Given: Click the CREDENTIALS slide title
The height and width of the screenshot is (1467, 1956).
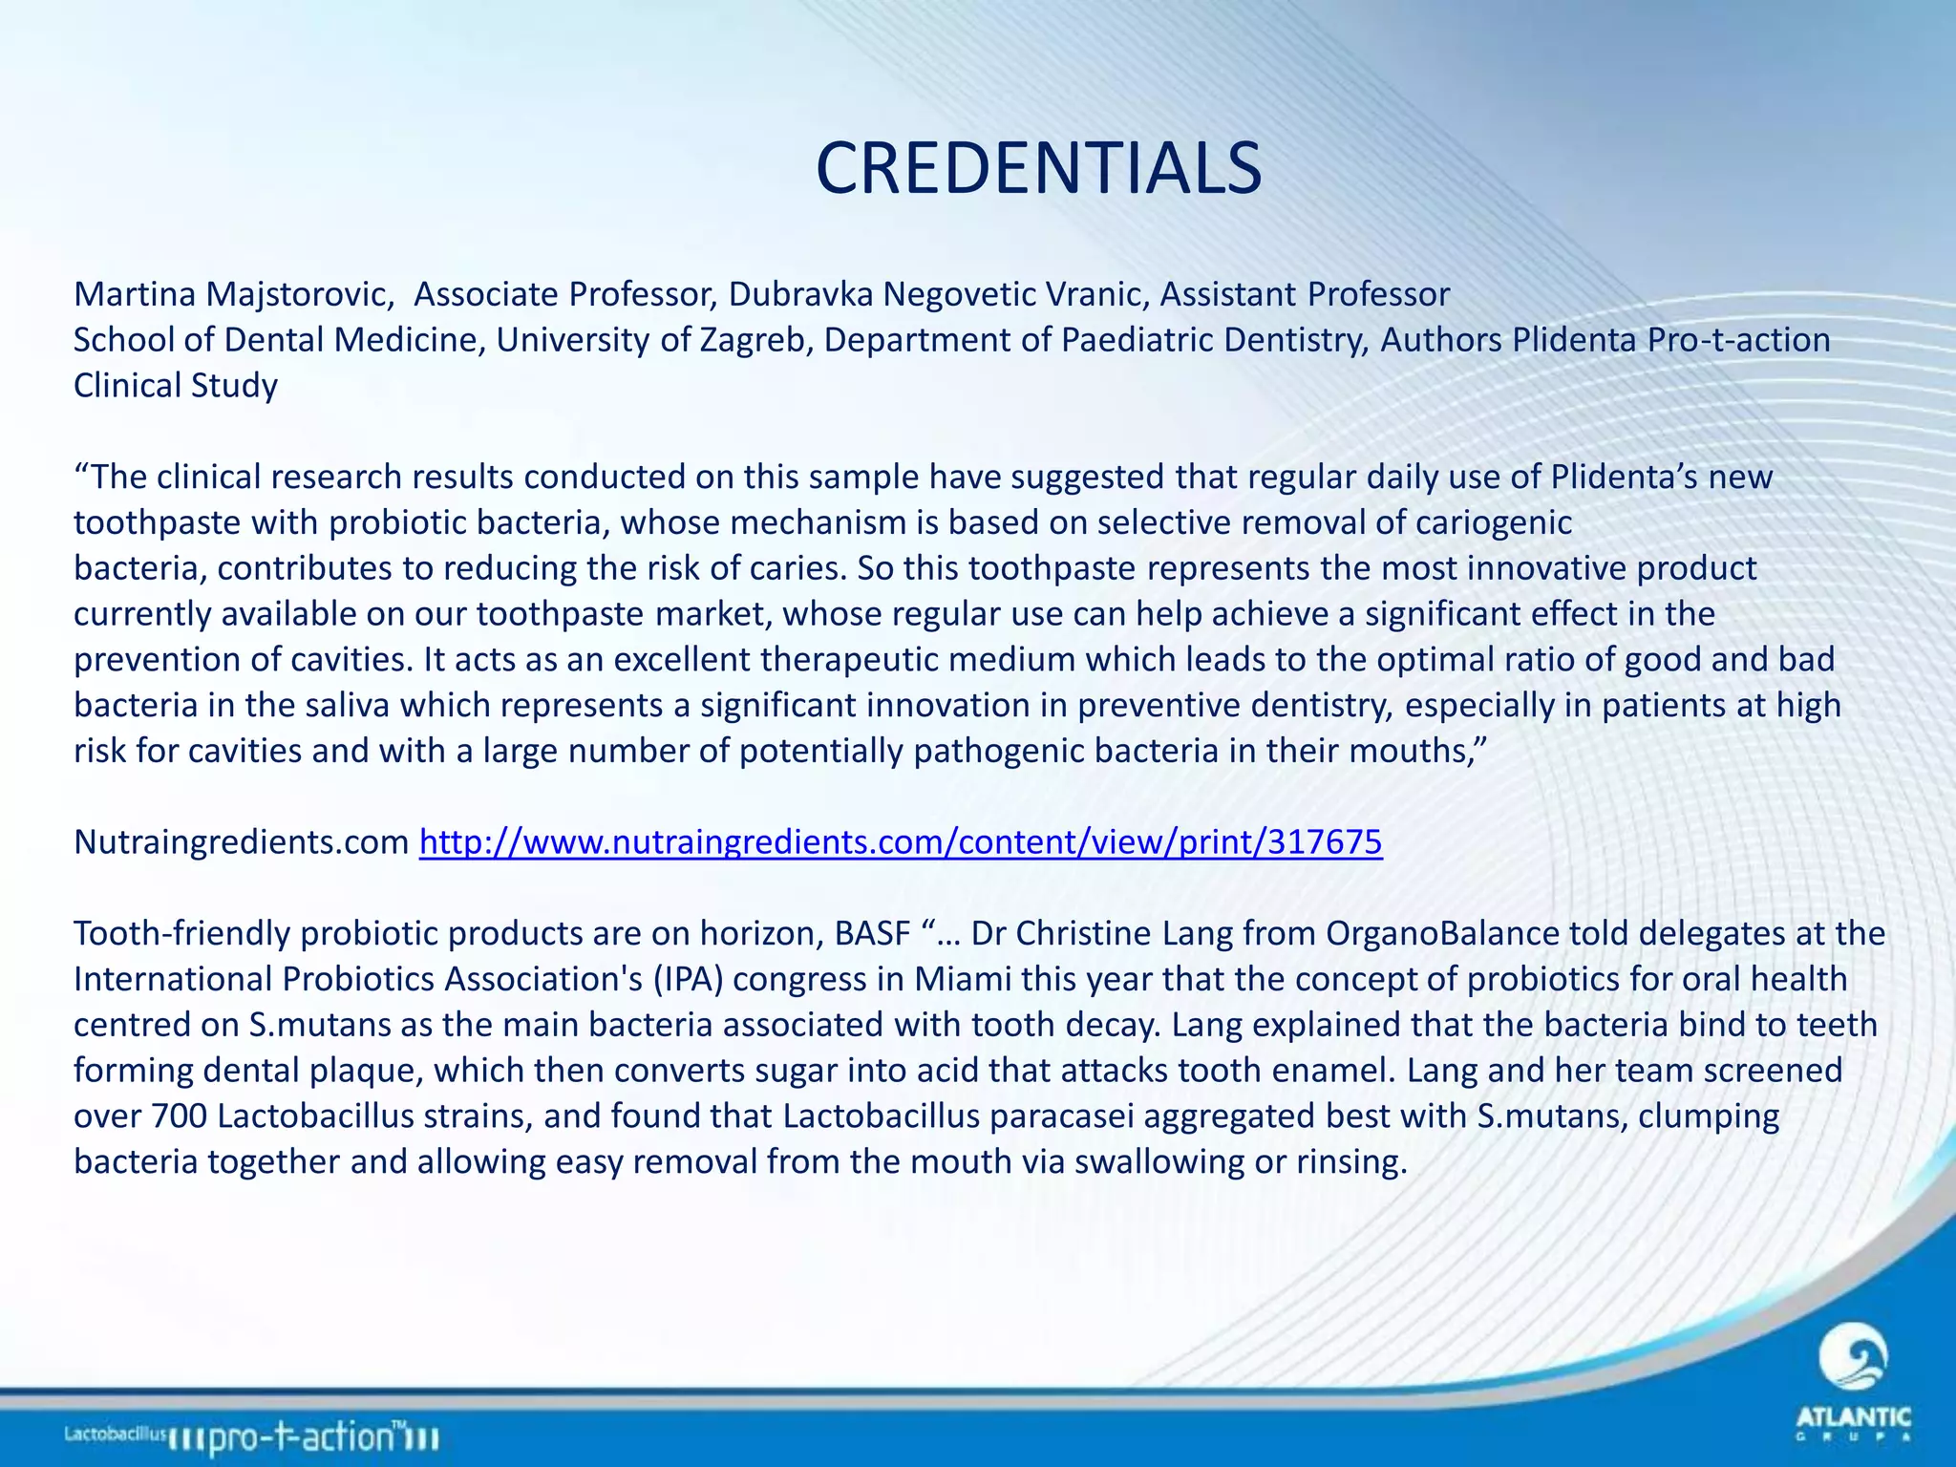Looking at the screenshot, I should pos(1038,169).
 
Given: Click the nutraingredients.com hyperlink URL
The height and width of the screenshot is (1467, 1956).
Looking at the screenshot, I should pos(901,841).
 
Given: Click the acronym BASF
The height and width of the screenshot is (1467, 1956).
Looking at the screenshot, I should pos(872,933).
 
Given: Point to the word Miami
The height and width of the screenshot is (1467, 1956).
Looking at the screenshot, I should pos(962,979).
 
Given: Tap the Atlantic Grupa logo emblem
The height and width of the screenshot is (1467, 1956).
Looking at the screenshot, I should pos(1853,1359).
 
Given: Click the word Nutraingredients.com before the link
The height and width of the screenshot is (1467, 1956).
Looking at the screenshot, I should pos(242,841).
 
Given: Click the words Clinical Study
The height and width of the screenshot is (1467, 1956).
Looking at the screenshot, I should pos(176,386).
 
